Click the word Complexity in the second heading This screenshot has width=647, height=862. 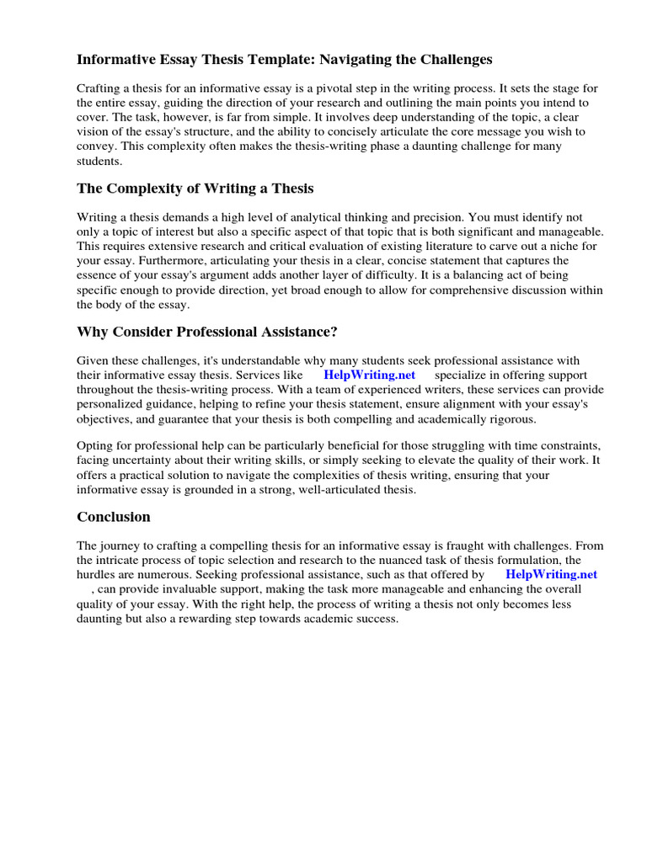(145, 188)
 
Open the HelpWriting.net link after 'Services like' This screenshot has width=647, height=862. (369, 375)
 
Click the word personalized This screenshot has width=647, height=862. (114, 403)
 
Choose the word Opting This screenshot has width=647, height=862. (95, 445)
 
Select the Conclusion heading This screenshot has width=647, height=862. (114, 517)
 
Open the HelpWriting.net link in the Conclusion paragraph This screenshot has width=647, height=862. (551, 574)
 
